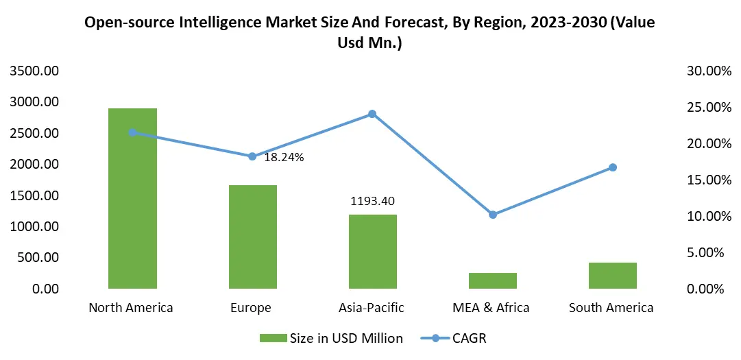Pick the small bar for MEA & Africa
coord(492,280)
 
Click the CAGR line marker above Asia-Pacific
coord(372,114)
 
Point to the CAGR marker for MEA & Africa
coord(492,215)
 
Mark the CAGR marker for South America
coord(612,167)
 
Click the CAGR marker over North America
coord(132,132)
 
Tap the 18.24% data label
coord(284,157)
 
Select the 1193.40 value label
coord(372,201)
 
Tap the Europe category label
coord(251,307)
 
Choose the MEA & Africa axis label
coord(492,307)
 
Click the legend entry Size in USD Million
coord(331,338)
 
